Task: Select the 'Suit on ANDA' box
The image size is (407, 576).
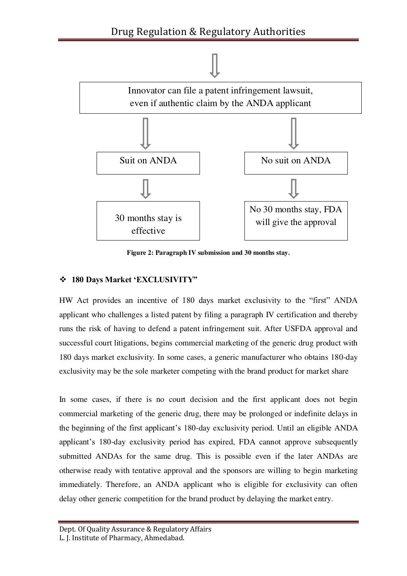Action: [x=148, y=163]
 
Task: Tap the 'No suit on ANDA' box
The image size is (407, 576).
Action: [x=296, y=163]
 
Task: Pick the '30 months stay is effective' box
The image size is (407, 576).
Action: [x=148, y=221]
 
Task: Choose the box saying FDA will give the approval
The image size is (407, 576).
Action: [x=296, y=221]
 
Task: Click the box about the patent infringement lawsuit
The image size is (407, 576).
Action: [x=220, y=98]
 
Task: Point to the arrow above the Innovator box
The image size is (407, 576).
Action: [x=215, y=65]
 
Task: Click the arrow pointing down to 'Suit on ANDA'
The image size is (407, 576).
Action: [x=146, y=133]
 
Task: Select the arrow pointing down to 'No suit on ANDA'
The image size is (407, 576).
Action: [x=294, y=133]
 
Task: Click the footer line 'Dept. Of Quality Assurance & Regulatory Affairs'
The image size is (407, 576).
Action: [x=135, y=529]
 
